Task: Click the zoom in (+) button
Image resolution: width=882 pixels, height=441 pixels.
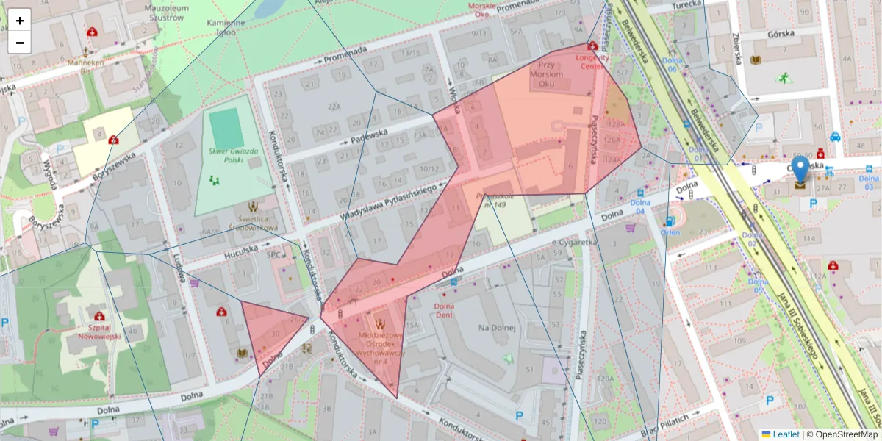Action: [x=20, y=21]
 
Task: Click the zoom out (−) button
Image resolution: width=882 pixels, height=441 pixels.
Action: [x=20, y=43]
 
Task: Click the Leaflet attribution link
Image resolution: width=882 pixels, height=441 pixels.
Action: [x=786, y=434]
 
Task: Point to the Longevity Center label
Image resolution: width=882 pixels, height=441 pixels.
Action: [x=592, y=61]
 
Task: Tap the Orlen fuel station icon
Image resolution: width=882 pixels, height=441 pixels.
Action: [x=670, y=221]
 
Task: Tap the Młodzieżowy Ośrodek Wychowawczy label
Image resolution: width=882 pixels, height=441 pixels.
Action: [x=381, y=343]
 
